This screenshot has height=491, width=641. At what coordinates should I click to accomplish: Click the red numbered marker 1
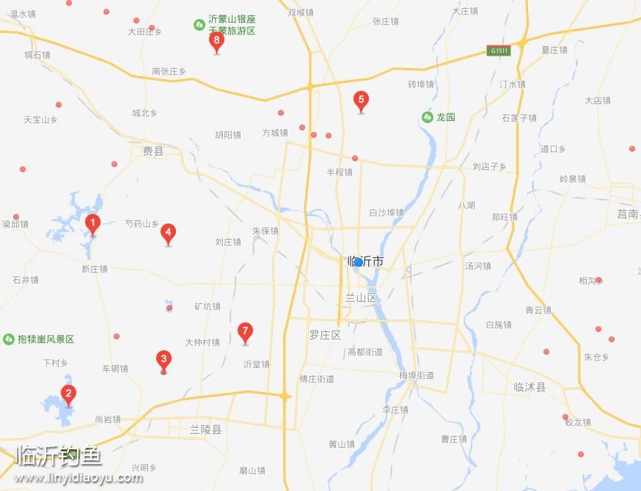click(x=92, y=224)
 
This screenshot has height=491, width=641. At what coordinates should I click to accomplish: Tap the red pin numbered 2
click(x=68, y=394)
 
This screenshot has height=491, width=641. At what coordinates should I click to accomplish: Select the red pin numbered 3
click(x=164, y=359)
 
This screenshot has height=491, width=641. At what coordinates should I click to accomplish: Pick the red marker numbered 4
click(x=168, y=233)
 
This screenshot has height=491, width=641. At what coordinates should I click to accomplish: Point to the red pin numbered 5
click(x=360, y=100)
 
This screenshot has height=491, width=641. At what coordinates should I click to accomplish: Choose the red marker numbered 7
click(x=246, y=331)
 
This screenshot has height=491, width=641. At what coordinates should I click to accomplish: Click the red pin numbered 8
click(x=216, y=40)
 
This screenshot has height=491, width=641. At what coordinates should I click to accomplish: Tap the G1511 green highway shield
click(x=499, y=51)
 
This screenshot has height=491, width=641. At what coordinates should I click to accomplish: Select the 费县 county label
click(x=153, y=151)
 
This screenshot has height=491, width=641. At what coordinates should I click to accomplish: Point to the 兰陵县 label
click(x=205, y=429)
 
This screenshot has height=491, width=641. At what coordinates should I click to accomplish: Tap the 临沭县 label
click(x=530, y=387)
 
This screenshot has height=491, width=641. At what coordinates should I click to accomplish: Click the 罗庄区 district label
click(x=325, y=335)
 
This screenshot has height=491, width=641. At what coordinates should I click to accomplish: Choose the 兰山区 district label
click(x=361, y=298)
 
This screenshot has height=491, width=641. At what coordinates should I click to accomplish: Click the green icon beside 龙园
click(x=427, y=117)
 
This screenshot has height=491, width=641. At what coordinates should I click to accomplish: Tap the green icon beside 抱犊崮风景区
click(x=9, y=339)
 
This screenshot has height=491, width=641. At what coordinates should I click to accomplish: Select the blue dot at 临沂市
click(x=357, y=262)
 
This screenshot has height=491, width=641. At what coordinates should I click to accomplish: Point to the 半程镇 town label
click(x=340, y=172)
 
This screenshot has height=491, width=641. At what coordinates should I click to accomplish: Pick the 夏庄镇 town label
click(x=554, y=50)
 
